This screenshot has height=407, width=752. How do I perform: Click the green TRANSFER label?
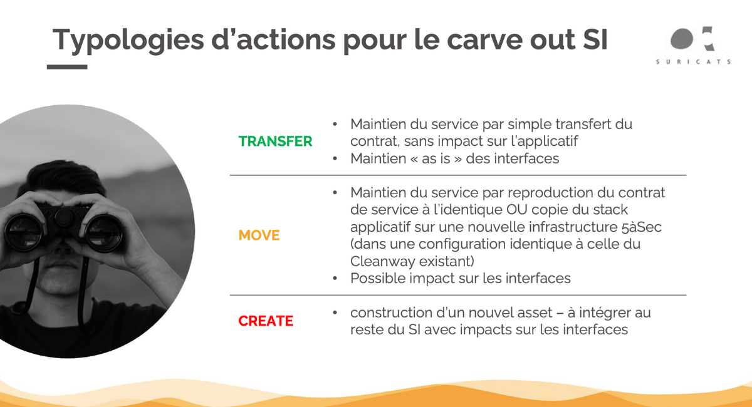click(275, 142)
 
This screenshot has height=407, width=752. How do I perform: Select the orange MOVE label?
click(259, 235)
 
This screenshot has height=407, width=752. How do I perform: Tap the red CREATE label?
click(266, 321)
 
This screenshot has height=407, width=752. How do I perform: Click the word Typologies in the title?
click(128, 40)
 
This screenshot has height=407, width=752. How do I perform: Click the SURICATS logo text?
click(693, 62)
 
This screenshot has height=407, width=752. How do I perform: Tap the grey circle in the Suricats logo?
click(682, 39)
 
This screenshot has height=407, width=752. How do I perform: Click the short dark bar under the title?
click(67, 67)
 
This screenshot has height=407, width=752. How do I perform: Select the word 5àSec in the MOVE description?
click(641, 227)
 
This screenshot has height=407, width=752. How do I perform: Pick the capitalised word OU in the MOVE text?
click(516, 210)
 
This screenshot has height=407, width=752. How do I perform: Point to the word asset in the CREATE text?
click(534, 312)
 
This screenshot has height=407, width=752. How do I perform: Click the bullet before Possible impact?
click(335, 279)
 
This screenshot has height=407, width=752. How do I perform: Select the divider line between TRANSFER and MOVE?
click(458, 175)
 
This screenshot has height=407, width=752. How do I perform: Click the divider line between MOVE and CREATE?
click(458, 296)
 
